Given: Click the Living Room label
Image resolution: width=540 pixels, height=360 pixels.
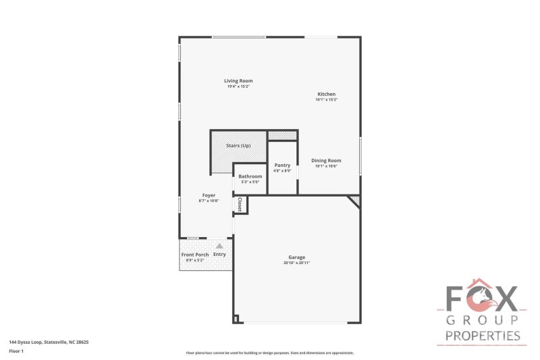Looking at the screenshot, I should click(239, 81).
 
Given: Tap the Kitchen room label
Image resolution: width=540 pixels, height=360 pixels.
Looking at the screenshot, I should click(326, 95).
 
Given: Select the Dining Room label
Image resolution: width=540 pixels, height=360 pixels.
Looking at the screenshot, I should click(326, 161).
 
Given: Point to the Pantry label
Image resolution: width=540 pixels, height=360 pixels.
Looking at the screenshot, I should click(282, 165).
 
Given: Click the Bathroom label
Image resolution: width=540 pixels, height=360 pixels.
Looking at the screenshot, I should click(250, 176).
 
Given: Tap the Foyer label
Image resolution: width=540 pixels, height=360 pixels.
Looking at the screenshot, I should click(209, 195).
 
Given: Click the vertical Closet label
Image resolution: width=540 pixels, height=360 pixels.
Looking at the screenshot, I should click(240, 204).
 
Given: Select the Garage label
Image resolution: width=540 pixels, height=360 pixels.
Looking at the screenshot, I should click(297, 257).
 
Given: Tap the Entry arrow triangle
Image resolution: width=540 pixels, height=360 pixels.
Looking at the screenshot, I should click(219, 246).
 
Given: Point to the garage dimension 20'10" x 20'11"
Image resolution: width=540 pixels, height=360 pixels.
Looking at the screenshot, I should click(297, 263).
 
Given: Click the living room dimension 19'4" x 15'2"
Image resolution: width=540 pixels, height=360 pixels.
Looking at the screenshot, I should click(239, 86).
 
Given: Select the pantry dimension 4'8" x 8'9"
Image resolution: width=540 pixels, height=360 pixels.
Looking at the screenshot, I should click(282, 171).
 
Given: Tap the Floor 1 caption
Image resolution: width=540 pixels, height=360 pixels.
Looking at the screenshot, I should click(16, 351).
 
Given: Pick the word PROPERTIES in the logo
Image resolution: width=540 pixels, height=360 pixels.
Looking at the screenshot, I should click(482, 336).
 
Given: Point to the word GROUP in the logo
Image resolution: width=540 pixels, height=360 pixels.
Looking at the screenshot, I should click(482, 320).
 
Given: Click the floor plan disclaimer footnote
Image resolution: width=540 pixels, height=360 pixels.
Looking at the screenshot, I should click(270, 353).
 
